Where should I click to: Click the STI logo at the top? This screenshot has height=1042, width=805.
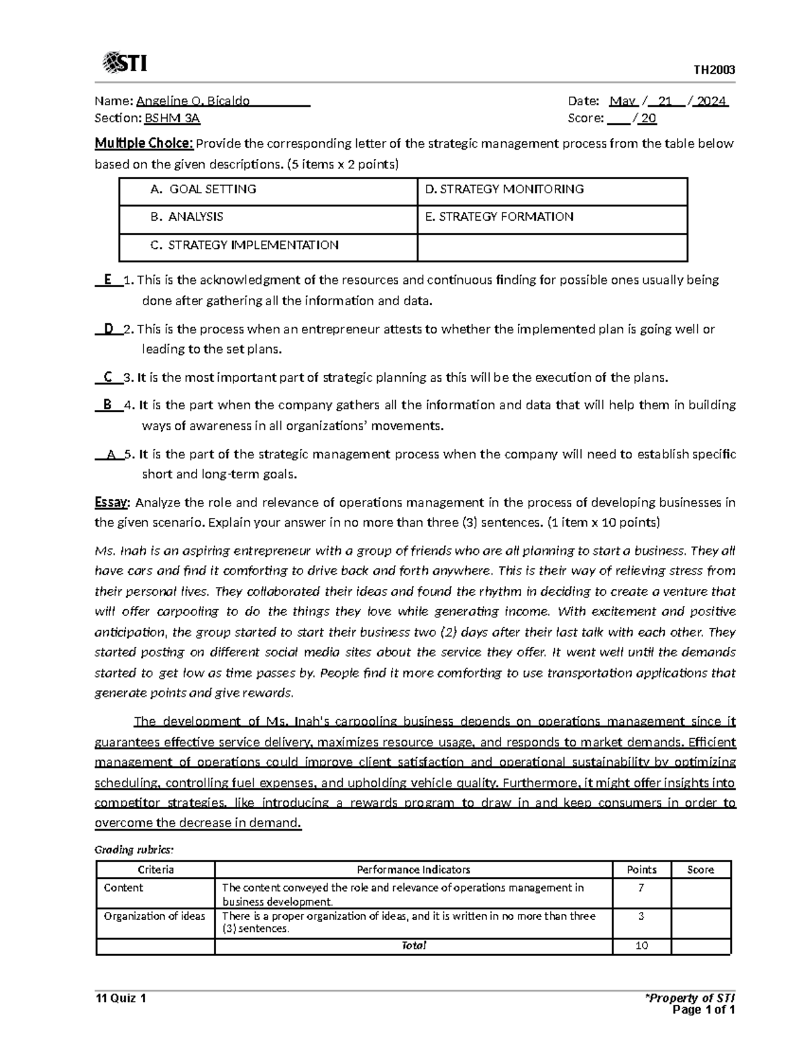coord(125,64)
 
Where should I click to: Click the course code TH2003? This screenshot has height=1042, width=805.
coord(714,70)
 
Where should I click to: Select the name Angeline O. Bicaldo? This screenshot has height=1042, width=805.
coord(193,101)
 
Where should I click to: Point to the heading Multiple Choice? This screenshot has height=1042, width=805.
coord(144,143)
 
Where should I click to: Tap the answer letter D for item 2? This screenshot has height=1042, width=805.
coord(108,329)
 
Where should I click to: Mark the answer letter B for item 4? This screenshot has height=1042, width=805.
coord(107,405)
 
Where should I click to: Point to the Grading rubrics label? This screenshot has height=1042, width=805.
coord(134,850)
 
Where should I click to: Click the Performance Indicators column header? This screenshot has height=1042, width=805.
coord(413,870)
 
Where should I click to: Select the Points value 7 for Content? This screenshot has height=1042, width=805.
coord(641,888)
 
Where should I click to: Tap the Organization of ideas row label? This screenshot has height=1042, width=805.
coord(155,916)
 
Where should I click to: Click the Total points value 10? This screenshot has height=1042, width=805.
coord(641,946)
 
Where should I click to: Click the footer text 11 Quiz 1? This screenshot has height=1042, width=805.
coord(121,998)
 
